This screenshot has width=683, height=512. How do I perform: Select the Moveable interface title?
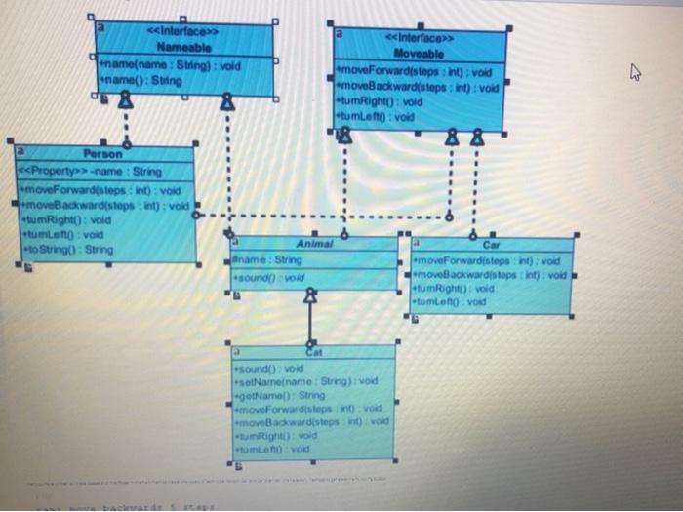pos(420,53)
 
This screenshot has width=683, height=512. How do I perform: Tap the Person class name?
pos(103,154)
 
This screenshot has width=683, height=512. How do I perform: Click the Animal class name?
pos(314,244)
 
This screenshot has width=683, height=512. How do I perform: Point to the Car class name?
pos(491,246)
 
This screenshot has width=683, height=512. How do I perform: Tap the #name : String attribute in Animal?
pos(267,260)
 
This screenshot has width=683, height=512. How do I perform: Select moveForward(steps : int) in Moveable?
pos(415,72)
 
